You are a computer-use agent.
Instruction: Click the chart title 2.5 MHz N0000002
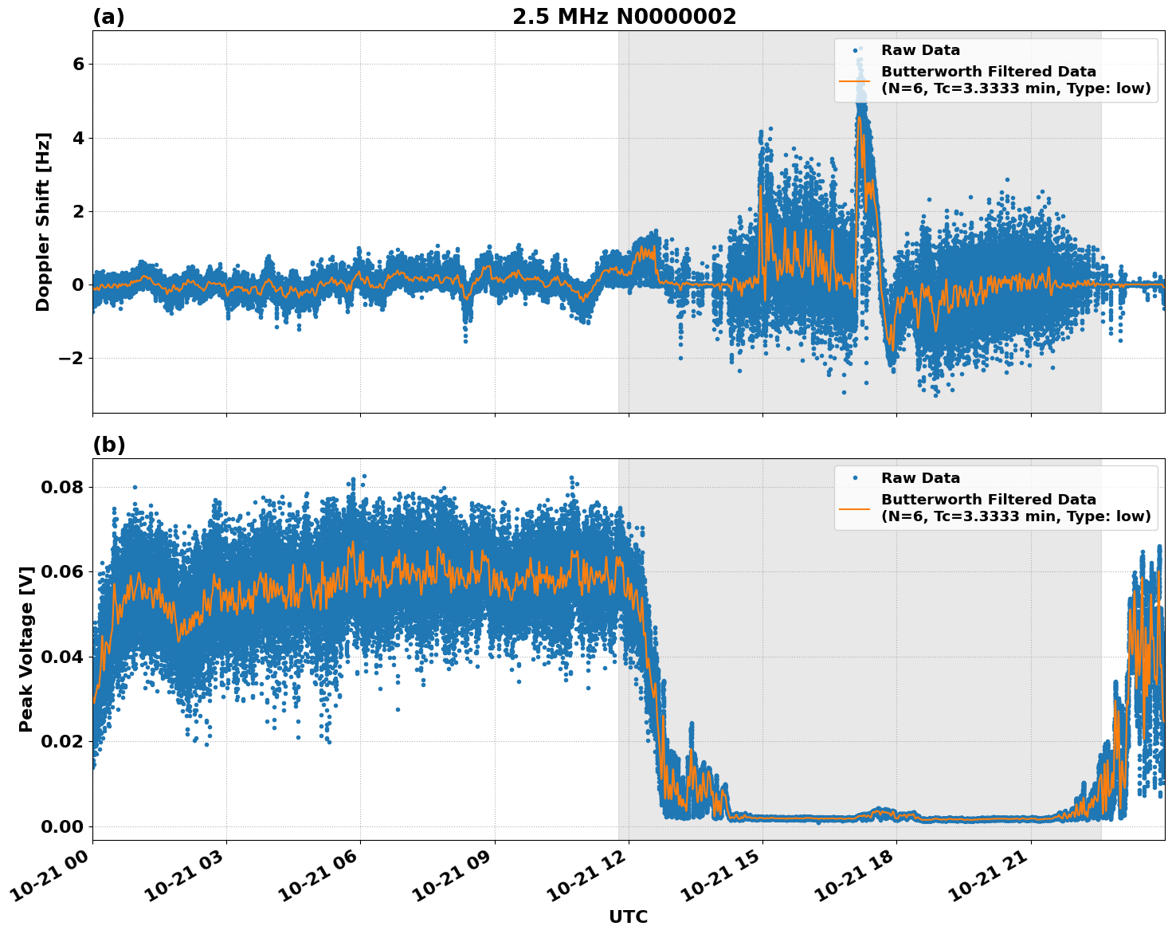[624, 17]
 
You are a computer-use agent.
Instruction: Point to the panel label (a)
[108, 17]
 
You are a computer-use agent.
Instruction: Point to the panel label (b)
[108, 445]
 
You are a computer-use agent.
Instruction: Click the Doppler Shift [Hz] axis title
[43, 222]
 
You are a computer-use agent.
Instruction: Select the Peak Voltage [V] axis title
[26, 649]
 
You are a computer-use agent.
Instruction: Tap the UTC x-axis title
[628, 916]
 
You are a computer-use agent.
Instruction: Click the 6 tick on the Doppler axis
[78, 65]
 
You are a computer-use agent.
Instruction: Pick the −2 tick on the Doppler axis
[70, 359]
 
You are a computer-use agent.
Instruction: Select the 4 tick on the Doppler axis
[78, 138]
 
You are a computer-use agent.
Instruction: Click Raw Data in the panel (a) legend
[920, 50]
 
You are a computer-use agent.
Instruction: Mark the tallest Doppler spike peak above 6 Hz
[860, 49]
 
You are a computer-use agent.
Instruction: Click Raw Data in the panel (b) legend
[920, 478]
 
